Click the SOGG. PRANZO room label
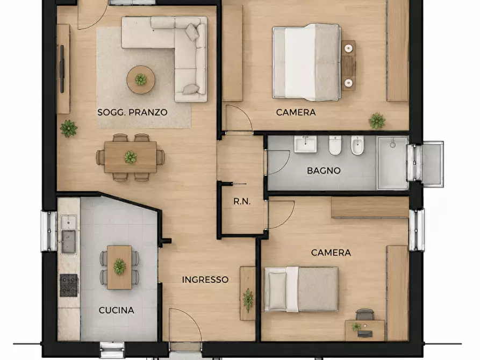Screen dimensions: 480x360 pyautogui.click(x=132, y=112)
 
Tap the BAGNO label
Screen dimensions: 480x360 pyautogui.click(x=324, y=170)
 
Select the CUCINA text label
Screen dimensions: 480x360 pyautogui.click(x=116, y=311)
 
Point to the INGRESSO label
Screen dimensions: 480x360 pyautogui.click(x=205, y=279)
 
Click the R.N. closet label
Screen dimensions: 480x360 pyautogui.click(x=242, y=201)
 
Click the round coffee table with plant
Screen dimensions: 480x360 pyautogui.click(x=141, y=80)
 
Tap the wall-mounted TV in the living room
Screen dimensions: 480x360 pyautogui.click(x=62, y=69)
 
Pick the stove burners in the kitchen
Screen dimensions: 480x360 pyautogui.click(x=69, y=285)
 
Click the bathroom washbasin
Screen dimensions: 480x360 pyautogui.click(x=305, y=144)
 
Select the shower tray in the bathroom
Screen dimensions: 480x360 pyautogui.click(x=392, y=163)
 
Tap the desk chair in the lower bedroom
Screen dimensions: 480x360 pyautogui.click(x=366, y=314)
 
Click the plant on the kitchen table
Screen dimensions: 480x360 pyautogui.click(x=119, y=267)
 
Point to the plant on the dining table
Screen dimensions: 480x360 pyautogui.click(x=131, y=157)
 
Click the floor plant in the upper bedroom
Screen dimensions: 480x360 pyautogui.click(x=377, y=121)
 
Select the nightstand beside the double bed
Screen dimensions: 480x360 pyautogui.click(x=348, y=66)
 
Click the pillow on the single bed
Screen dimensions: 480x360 pyautogui.click(x=277, y=291)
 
